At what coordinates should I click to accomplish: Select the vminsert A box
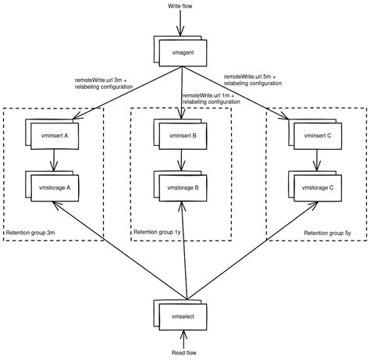[x=55, y=135]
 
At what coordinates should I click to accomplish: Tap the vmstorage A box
[x=55, y=188]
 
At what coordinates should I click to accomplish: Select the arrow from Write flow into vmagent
[x=182, y=23]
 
